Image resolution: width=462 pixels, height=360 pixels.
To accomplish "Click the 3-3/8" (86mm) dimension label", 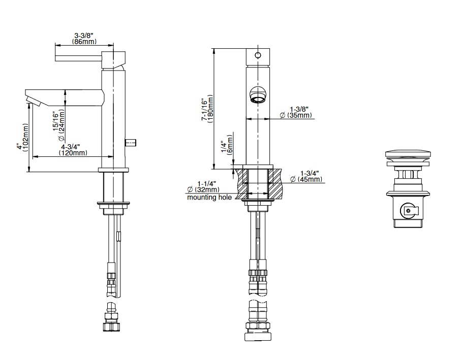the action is [84, 39].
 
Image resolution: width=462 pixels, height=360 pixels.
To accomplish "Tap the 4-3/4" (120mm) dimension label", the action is [73, 150].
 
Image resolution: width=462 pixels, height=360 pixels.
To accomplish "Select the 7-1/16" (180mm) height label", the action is [208, 109].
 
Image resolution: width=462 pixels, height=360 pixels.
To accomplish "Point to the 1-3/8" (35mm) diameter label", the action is [296, 112].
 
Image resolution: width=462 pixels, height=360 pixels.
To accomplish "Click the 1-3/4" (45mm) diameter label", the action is [306, 176].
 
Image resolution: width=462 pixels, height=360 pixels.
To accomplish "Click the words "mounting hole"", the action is [209, 197].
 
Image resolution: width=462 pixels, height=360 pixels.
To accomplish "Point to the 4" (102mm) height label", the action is [23, 138].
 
